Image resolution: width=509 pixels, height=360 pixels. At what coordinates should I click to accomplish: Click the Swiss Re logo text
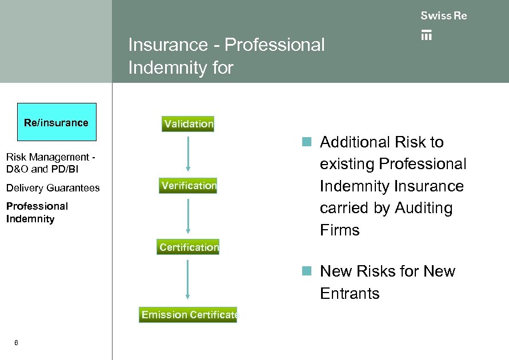tap(443, 16)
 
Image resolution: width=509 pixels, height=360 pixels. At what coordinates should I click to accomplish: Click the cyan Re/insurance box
tap(57, 122)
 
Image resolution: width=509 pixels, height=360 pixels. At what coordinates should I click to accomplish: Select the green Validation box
tap(188, 123)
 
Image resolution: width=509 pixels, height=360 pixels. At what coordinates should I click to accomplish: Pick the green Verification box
tap(189, 186)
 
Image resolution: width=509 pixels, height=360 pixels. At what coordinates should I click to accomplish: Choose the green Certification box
tap(189, 247)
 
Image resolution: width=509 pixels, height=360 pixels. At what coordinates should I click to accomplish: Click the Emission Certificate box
tap(188, 315)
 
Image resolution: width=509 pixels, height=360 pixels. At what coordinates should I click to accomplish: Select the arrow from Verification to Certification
tap(188, 214)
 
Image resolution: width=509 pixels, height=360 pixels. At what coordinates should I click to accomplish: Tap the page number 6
tap(16, 343)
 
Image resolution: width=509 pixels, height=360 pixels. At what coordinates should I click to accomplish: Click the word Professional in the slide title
tap(275, 45)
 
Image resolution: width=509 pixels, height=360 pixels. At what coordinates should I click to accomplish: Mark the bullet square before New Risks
tap(307, 271)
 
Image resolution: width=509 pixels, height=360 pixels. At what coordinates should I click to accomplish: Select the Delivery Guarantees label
tap(53, 188)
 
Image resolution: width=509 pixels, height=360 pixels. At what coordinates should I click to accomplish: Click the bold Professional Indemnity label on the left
tap(37, 213)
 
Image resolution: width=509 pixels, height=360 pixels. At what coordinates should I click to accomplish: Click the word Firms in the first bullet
tap(339, 230)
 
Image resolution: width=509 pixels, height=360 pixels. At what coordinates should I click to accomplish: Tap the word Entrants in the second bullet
tap(350, 294)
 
